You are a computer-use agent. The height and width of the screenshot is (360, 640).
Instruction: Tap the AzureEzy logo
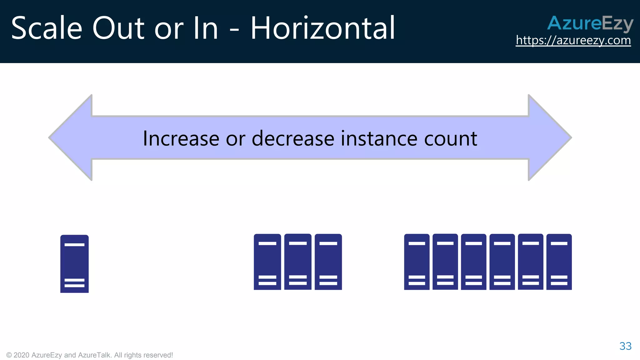point(590,23)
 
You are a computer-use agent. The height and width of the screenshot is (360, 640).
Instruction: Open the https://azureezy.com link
point(573,40)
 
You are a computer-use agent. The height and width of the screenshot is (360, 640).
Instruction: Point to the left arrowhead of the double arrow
point(70,137)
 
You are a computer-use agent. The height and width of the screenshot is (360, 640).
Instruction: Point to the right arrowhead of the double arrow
point(550,137)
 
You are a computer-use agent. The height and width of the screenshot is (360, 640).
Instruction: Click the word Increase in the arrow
point(181,138)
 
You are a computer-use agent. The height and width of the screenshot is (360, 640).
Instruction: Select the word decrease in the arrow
point(293,138)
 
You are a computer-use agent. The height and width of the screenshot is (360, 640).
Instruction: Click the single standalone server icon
point(74,264)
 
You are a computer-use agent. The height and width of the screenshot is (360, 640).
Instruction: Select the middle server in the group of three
point(298,262)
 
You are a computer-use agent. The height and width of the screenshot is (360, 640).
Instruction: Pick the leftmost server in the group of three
point(267,262)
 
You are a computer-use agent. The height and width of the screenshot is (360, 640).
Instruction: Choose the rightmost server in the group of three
point(328,262)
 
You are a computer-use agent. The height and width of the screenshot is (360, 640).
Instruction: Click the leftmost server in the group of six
point(417,262)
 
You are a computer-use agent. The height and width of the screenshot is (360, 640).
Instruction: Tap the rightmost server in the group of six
point(559,262)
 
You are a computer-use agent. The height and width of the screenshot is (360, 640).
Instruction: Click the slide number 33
point(625,346)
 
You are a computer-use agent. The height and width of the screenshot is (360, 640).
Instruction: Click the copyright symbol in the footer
point(9,355)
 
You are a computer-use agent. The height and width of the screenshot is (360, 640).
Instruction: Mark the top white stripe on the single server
point(74,245)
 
